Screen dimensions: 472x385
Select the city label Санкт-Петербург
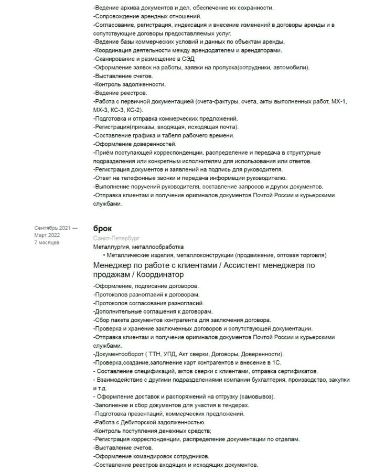(x=113, y=238)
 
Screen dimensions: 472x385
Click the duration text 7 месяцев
(x=47, y=243)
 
